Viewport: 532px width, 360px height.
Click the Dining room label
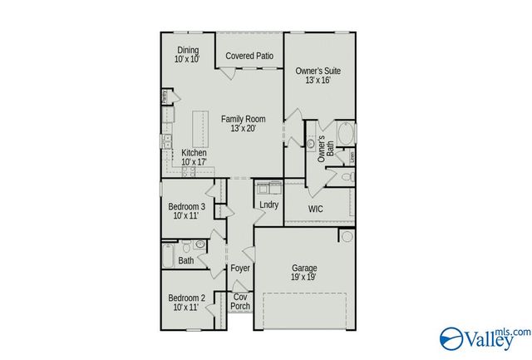187,50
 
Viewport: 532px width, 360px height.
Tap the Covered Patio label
249,56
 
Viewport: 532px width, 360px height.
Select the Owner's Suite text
318,71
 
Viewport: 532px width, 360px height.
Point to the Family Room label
243,119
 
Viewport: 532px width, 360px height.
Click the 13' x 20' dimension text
243,129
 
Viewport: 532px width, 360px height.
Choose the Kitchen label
194,153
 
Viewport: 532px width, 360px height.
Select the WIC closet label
316,209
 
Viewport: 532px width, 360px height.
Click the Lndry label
268,205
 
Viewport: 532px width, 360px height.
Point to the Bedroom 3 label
186,206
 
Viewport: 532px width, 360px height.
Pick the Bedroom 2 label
186,298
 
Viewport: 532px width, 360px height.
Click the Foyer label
240,269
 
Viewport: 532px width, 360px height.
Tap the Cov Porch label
240,302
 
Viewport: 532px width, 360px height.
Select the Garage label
304,268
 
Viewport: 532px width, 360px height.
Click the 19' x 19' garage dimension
304,278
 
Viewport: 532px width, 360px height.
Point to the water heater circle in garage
347,236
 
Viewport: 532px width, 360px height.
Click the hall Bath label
186,260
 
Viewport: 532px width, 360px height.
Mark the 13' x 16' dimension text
318,81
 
